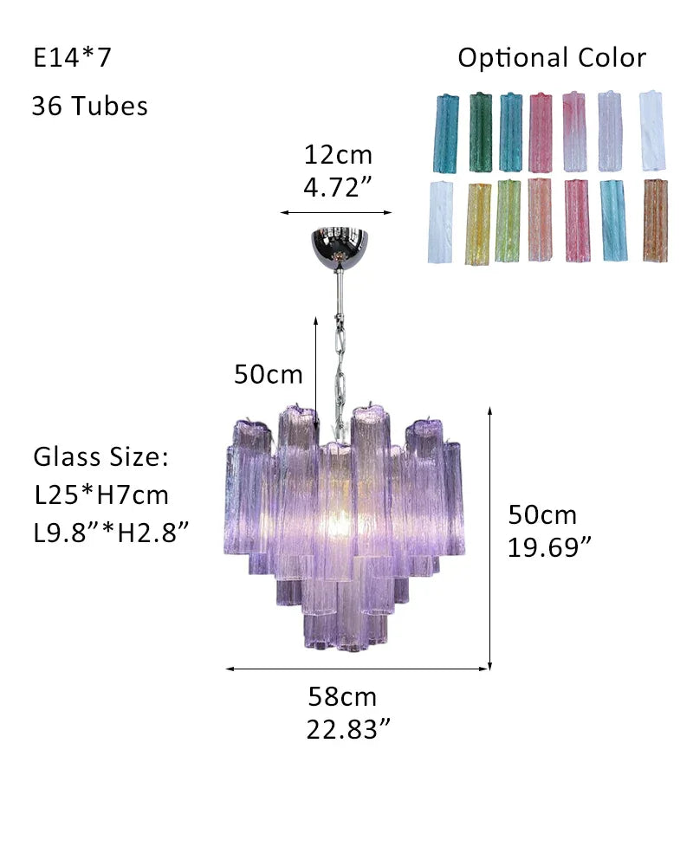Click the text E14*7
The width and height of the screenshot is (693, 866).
click(73, 58)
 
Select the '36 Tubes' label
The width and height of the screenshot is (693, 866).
click(89, 106)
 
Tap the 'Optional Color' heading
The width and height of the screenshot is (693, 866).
click(552, 58)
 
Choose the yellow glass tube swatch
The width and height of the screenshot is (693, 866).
click(477, 223)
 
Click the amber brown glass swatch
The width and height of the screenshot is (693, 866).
click(655, 220)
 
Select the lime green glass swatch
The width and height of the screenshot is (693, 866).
click(508, 220)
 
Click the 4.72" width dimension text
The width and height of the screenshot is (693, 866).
click(337, 187)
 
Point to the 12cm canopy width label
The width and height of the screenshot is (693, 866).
click(337, 155)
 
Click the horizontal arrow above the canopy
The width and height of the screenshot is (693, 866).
click(335, 211)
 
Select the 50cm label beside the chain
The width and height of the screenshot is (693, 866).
click(269, 374)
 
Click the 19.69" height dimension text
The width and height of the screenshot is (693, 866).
click(549, 546)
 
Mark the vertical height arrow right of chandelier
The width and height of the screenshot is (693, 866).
click(490, 537)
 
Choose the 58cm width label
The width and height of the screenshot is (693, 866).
click(342, 696)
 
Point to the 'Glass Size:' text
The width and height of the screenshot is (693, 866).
click(100, 456)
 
